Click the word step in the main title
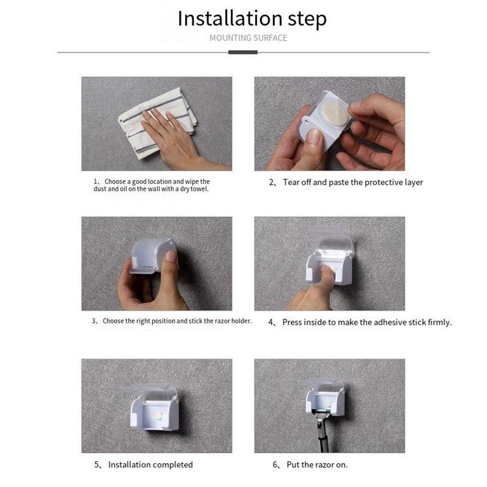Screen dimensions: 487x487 (307, 20)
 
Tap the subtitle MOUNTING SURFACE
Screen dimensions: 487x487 (248, 38)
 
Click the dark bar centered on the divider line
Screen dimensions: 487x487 (243, 52)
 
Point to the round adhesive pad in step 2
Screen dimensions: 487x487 (336, 113)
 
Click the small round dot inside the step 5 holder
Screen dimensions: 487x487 (159, 415)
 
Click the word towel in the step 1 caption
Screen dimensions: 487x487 (199, 189)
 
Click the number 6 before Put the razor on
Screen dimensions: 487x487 (275, 465)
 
